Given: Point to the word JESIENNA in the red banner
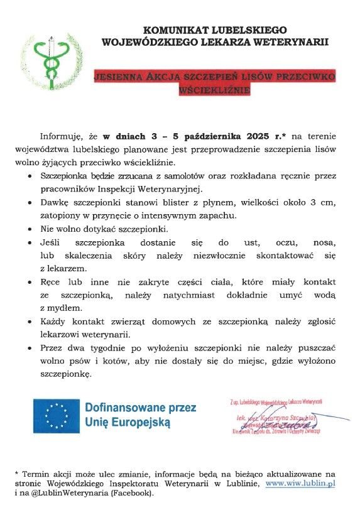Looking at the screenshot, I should point(117,77).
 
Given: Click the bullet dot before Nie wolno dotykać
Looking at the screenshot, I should point(31,229).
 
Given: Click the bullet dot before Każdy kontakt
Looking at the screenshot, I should point(31,322).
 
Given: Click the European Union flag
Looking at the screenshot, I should point(57,416).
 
